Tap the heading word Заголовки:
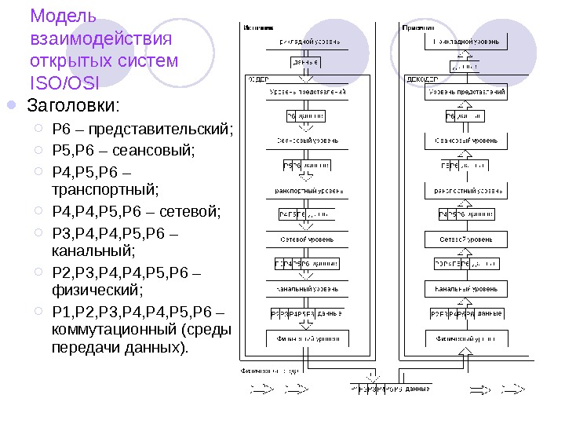[74, 105]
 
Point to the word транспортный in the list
[104, 189]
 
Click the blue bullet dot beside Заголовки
[12, 105]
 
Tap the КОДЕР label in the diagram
[259, 79]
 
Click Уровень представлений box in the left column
[308, 93]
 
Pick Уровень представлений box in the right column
[465, 93]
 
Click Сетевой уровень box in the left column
[308, 239]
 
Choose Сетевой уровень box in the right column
[465, 239]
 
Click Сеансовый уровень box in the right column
[465, 141]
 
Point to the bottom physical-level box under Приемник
[465, 339]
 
